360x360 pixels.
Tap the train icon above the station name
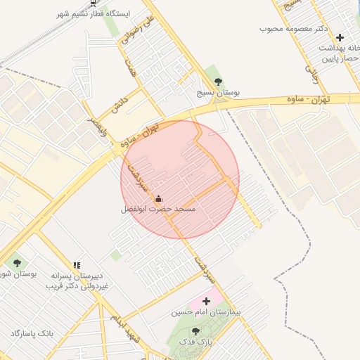tap(94, 2)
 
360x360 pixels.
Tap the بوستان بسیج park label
tap(217, 93)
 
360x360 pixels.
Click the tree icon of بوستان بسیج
tap(217, 81)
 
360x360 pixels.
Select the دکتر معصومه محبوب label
tap(295, 28)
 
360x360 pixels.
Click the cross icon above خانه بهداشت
tap(340, 37)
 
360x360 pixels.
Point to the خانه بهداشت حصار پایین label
tap(337, 54)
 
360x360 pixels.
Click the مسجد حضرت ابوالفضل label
tap(157, 210)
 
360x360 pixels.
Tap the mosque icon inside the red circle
tap(157, 198)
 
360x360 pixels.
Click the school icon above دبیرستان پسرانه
tap(76, 265)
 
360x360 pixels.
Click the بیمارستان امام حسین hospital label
tap(205, 311)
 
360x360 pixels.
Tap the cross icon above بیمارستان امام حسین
tap(205, 301)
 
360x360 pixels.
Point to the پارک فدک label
tap(196, 341)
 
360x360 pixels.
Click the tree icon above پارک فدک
tap(196, 330)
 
